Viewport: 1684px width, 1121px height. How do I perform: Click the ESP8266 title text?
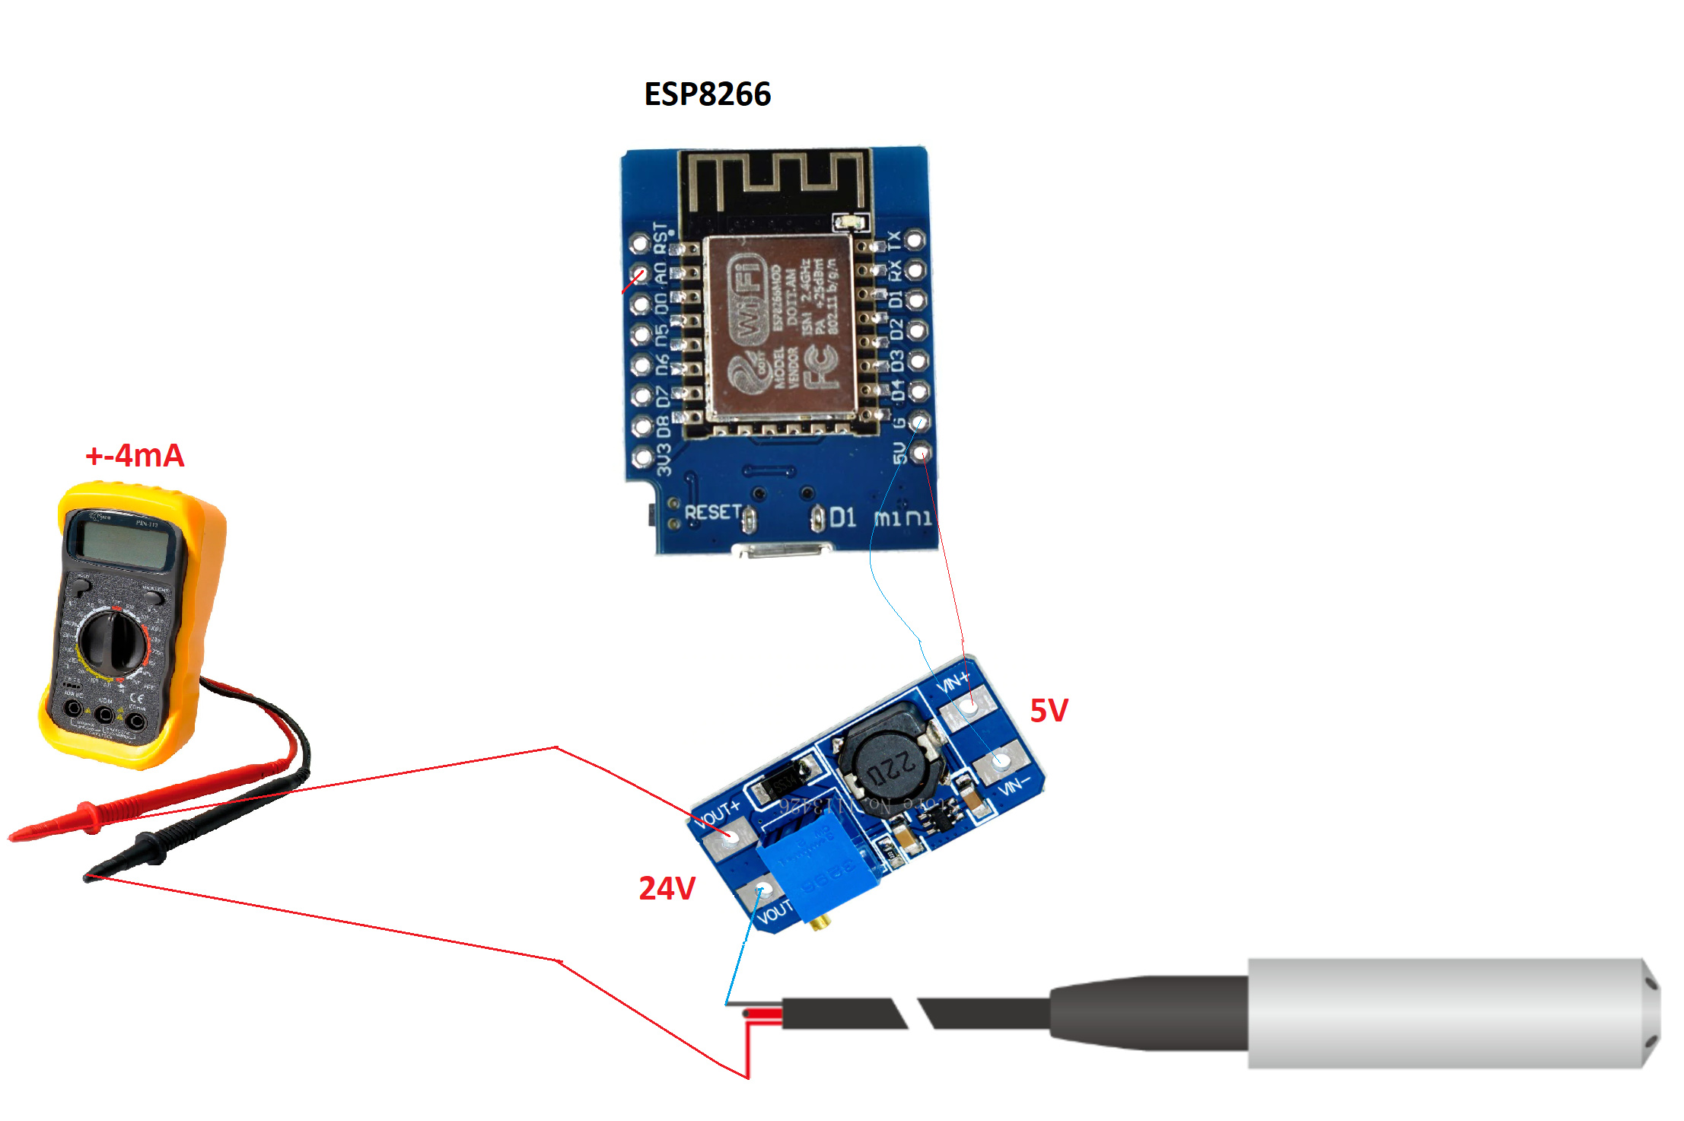[707, 94]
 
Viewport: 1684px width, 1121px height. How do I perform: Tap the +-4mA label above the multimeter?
[135, 455]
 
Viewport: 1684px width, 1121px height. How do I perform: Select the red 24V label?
[667, 888]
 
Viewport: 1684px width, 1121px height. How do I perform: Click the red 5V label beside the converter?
[1049, 710]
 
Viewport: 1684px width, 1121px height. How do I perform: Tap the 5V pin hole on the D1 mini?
[921, 454]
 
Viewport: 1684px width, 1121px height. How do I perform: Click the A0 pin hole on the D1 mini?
[640, 274]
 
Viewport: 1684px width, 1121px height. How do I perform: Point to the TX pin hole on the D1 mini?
[915, 240]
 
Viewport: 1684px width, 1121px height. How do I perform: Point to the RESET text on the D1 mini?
[713, 512]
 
